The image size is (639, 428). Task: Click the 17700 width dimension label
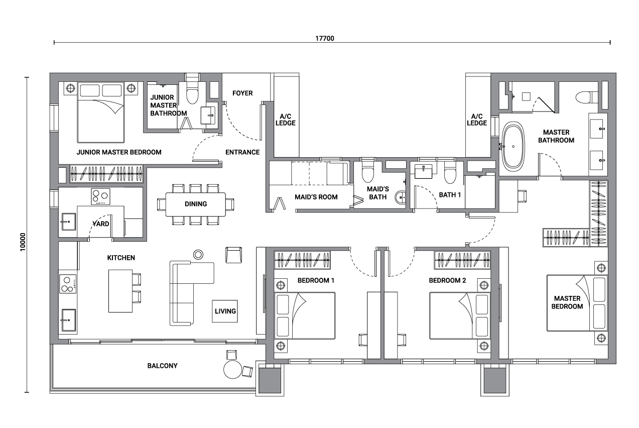point(325,38)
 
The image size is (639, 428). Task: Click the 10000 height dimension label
point(23,242)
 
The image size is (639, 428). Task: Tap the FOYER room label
point(242,93)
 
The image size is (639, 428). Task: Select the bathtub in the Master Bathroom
point(513,146)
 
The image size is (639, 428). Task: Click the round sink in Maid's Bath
point(401,197)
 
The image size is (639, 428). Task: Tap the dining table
point(196,204)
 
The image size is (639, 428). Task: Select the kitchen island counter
point(120,291)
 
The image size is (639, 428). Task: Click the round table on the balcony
point(233,369)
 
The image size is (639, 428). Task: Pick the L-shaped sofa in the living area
point(192,293)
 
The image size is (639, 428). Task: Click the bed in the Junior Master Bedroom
point(101,112)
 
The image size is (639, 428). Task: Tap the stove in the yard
point(100,196)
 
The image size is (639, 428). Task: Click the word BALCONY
point(162,366)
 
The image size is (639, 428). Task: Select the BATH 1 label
point(450,195)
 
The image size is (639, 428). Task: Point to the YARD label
point(101,224)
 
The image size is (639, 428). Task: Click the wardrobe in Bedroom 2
point(462,260)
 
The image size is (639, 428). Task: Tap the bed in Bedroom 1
point(305,315)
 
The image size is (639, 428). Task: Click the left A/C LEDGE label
point(285,120)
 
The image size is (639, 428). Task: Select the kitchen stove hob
point(68,284)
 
